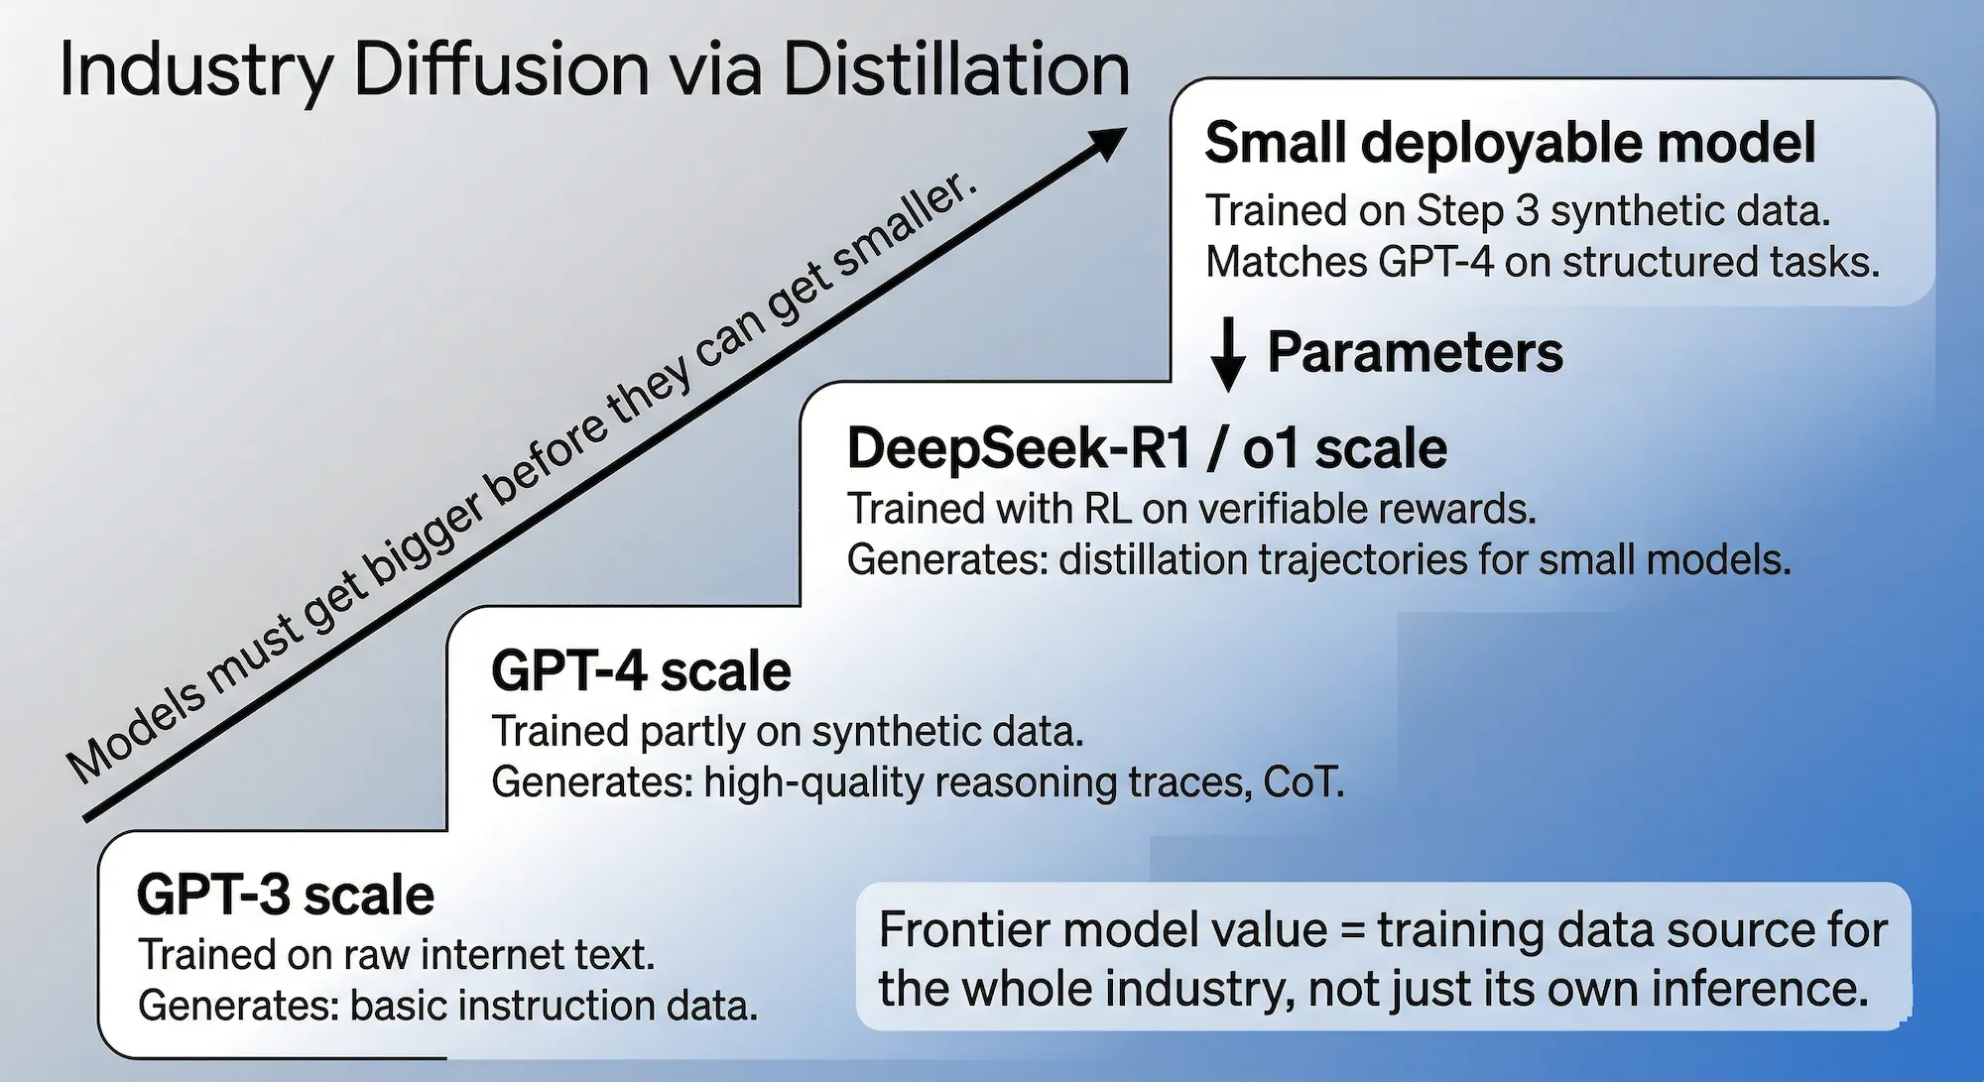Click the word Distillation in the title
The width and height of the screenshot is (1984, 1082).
pyautogui.click(x=956, y=69)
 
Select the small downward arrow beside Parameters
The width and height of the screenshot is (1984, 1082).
pyautogui.click(x=1228, y=354)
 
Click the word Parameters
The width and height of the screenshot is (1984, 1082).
pyautogui.click(x=1415, y=352)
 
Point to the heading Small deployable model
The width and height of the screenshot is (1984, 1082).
pyautogui.click(x=1510, y=143)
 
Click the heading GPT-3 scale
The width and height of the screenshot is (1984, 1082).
pyautogui.click(x=286, y=895)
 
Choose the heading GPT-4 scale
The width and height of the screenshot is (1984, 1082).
pyautogui.click(x=641, y=671)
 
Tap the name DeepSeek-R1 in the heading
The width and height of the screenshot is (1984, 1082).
pyautogui.click(x=1018, y=448)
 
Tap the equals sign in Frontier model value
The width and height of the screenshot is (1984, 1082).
pyautogui.click(x=1351, y=930)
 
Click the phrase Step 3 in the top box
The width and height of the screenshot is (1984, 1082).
pyautogui.click(x=1477, y=210)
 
